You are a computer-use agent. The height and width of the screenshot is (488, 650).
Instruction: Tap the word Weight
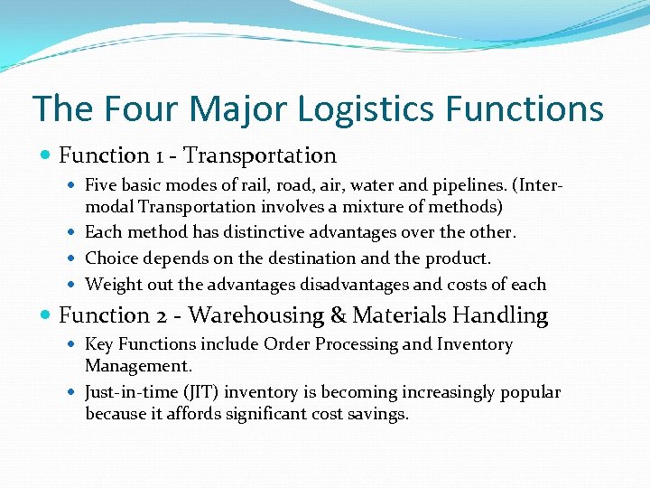point(112,285)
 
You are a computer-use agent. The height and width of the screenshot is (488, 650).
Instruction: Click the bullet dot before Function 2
point(47,315)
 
